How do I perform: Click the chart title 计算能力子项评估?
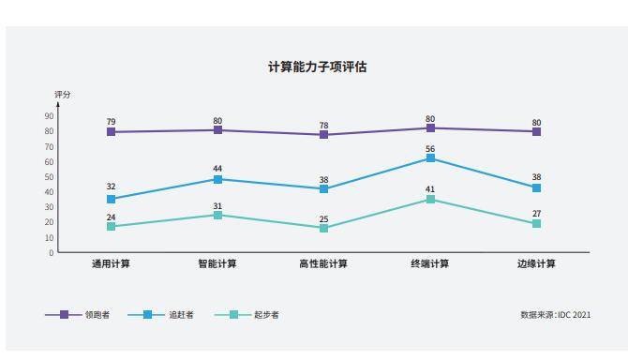click(317, 67)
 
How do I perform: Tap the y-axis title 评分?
click(62, 95)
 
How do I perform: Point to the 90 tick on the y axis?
click(49, 116)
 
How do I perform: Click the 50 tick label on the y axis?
click(49, 177)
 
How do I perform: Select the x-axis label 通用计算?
click(111, 264)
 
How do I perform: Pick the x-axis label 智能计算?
click(217, 264)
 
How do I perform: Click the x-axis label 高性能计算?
click(323, 264)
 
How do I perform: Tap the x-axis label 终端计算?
click(430, 264)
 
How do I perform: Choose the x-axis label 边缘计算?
click(536, 264)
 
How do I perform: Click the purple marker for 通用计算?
click(111, 132)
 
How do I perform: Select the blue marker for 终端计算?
click(430, 158)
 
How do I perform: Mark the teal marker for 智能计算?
click(217, 216)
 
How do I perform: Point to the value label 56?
click(430, 149)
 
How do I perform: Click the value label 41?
click(430, 189)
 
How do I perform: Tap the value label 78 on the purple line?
click(323, 126)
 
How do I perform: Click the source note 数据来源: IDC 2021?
click(556, 315)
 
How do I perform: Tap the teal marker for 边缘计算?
click(536, 224)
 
